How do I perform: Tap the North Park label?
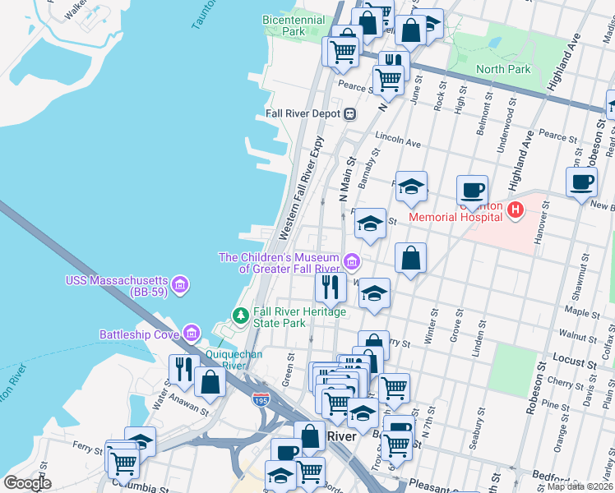point(503,70)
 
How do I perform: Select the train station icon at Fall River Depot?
point(349,113)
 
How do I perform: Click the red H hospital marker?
point(516,211)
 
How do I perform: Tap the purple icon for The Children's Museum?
point(351,262)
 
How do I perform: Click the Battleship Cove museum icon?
point(192,334)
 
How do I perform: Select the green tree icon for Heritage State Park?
point(240,315)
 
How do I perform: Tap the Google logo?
point(27,483)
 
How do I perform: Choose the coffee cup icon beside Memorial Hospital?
point(472,190)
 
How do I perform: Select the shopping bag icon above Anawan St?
point(211,381)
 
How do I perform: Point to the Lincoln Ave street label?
point(397,136)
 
